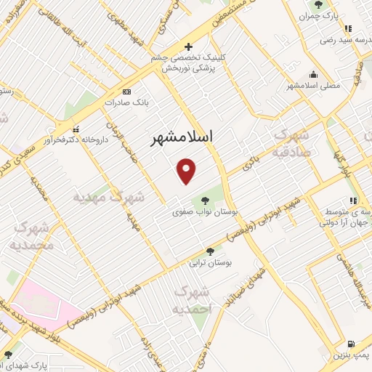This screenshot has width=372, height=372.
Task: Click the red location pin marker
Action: point(187,171)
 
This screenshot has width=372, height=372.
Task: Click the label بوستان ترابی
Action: point(210,262)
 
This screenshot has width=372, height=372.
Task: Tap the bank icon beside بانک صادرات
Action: point(127,92)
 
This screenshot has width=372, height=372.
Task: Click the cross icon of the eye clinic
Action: point(188,47)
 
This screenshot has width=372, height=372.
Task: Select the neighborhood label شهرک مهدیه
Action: point(109,197)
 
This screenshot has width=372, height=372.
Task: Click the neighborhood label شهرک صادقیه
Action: point(291,144)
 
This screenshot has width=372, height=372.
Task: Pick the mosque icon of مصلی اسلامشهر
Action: point(313,73)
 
